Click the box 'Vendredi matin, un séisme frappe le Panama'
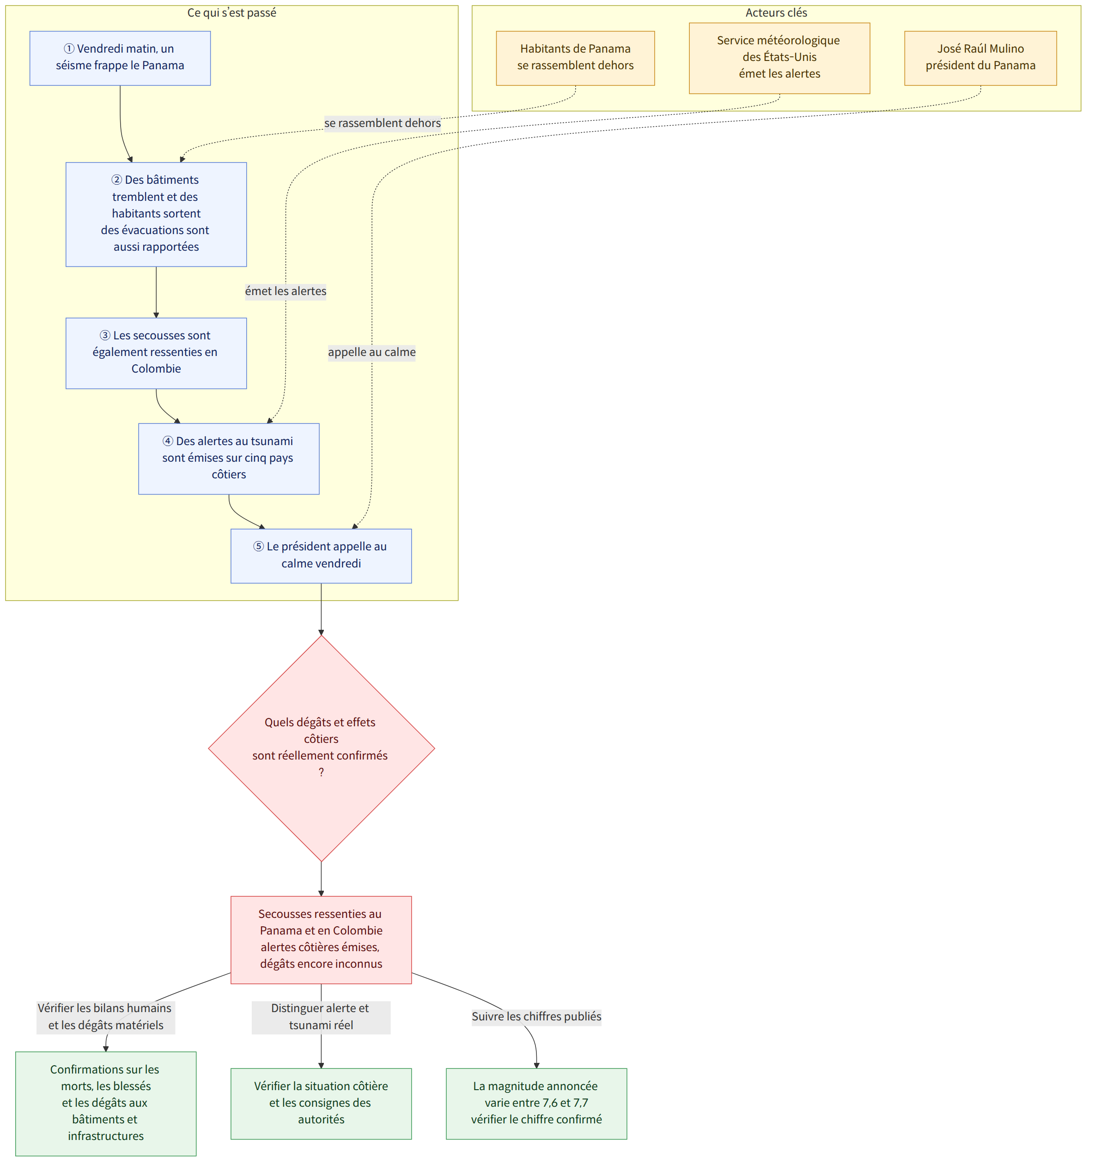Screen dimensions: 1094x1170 120,58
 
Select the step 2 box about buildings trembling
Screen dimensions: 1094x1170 156,214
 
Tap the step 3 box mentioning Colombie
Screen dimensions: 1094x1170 156,353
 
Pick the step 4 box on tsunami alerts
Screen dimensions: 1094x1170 229,458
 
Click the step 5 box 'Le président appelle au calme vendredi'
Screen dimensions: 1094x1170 321,555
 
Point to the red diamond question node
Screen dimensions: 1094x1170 322,748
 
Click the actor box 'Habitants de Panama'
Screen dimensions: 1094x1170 575,58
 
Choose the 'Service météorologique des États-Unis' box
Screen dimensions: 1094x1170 779,58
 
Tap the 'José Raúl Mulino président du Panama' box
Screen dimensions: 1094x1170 980,58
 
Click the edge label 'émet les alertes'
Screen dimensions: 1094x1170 286,291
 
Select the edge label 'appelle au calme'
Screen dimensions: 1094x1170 371,352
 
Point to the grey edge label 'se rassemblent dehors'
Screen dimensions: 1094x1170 383,123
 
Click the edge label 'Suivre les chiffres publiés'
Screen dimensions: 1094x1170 536,1016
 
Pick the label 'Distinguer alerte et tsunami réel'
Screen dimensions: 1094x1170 321,1016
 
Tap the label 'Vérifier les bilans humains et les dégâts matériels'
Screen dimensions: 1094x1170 105,1016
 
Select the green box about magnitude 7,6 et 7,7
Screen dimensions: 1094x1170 536,1103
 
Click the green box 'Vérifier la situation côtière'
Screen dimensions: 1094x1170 321,1103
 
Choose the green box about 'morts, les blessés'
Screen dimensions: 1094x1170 105,1103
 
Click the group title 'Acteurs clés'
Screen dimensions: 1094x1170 776,13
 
